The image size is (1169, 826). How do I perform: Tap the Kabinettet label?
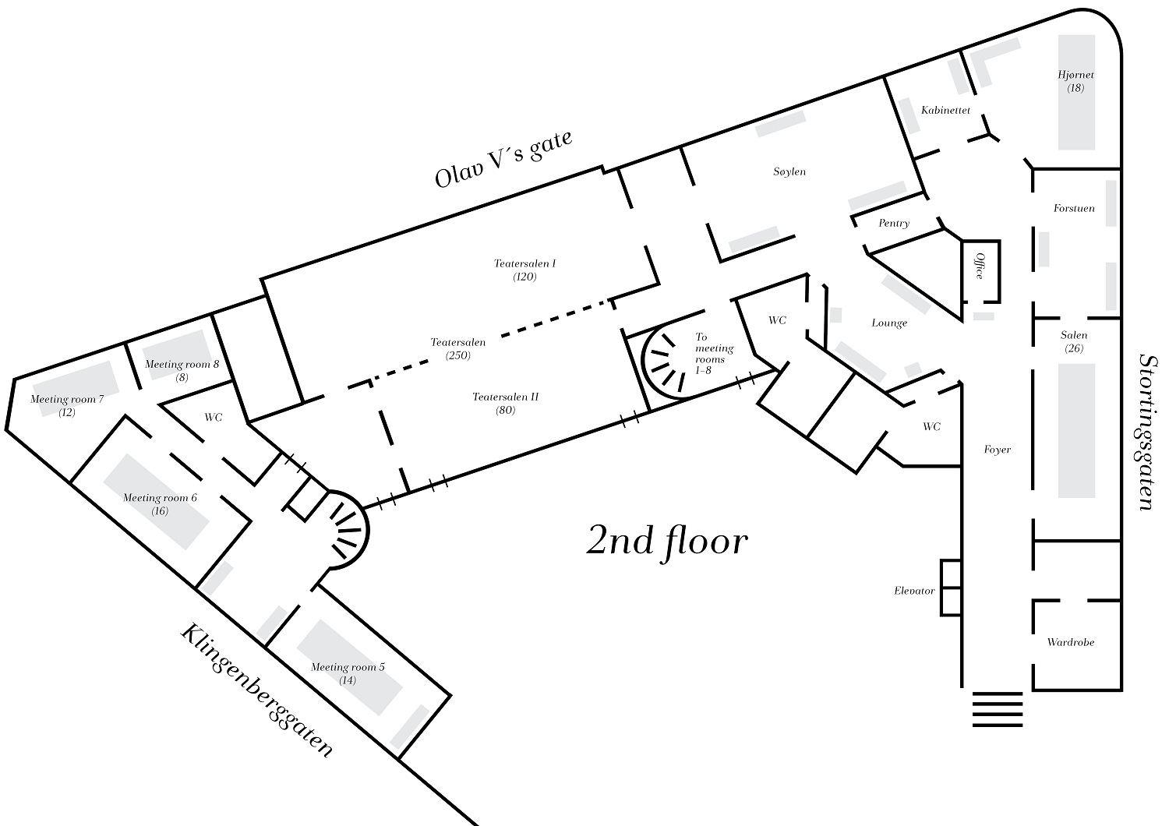click(x=945, y=111)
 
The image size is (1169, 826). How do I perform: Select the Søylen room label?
click(x=789, y=171)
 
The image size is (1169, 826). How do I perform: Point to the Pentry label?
click(x=894, y=224)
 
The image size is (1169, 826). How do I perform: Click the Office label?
click(x=980, y=265)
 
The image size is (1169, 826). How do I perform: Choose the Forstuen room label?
click(x=1074, y=209)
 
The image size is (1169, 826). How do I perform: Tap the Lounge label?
click(x=889, y=323)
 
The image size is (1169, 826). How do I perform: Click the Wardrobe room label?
click(x=1071, y=643)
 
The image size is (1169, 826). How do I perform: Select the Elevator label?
click(x=914, y=591)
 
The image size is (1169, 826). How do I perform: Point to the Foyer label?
click(x=998, y=450)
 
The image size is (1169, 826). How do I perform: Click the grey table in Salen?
click(x=1076, y=430)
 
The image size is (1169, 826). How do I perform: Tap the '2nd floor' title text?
click(x=666, y=541)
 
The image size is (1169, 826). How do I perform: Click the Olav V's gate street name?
click(x=504, y=159)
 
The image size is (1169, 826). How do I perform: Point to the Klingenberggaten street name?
click(x=256, y=690)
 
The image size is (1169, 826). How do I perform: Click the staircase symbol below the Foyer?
click(x=998, y=709)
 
